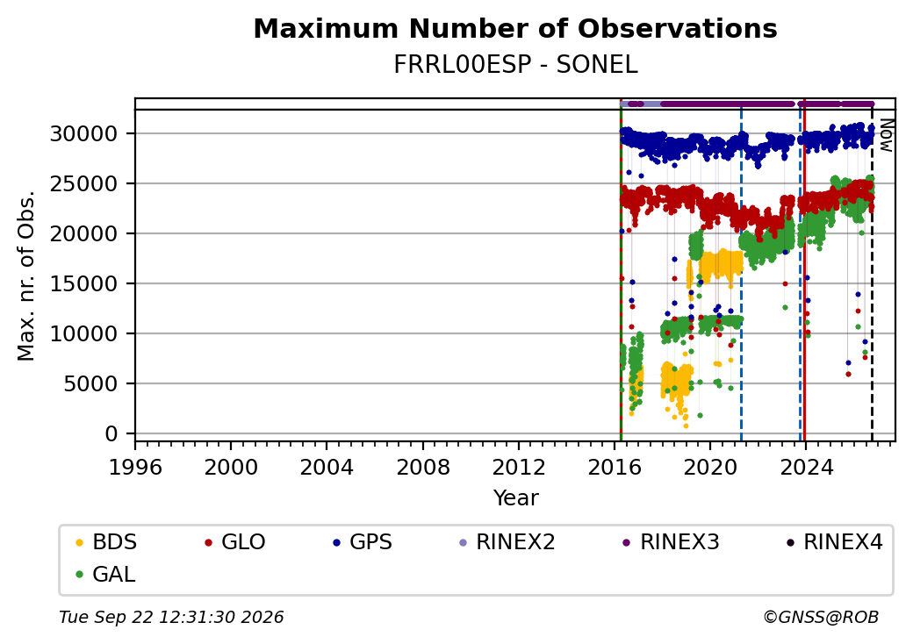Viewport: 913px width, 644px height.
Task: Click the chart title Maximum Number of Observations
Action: click(515, 28)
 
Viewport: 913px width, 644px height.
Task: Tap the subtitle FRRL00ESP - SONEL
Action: click(515, 64)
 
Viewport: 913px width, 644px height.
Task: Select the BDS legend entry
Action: click(106, 542)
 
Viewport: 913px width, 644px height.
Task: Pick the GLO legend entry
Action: click(234, 542)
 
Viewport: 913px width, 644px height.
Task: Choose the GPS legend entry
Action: click(363, 542)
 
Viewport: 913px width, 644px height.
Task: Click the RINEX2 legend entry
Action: click(507, 542)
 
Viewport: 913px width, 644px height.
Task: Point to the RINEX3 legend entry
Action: click(672, 542)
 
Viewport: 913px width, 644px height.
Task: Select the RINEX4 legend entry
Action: click(834, 542)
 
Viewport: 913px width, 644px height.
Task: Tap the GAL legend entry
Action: click(105, 574)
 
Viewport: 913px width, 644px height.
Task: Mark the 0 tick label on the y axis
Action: click(111, 434)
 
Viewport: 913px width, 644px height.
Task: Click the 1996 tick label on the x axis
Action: click(136, 467)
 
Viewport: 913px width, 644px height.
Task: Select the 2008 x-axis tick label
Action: click(423, 467)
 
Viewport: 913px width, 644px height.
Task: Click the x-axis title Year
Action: click(516, 498)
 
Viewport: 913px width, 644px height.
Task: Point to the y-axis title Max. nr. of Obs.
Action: click(25, 275)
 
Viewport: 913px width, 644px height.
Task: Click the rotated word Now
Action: click(886, 135)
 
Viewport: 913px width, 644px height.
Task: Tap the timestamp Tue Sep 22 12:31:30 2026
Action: click(171, 617)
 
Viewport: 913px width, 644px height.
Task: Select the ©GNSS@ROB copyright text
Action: click(821, 617)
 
